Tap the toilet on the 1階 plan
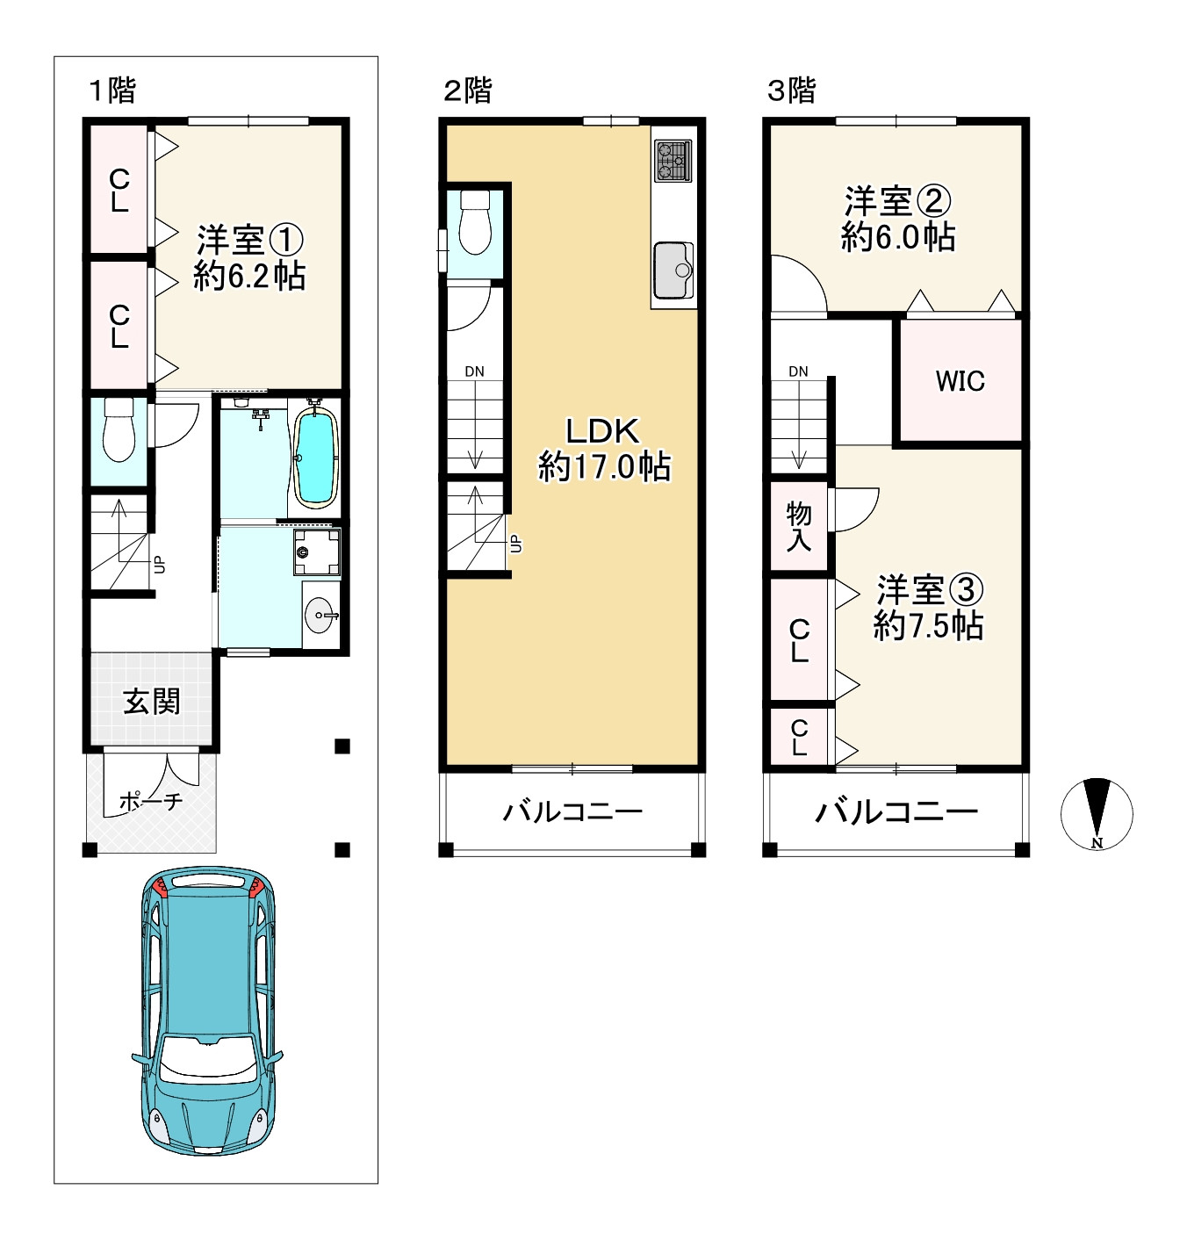click(x=119, y=429)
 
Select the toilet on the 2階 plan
click(x=475, y=222)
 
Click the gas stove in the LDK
click(x=673, y=161)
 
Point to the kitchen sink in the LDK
click(x=673, y=270)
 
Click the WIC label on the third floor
click(x=960, y=381)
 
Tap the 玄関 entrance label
click(x=152, y=703)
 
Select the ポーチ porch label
click(x=151, y=801)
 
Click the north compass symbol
click(x=1097, y=814)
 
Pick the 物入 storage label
click(x=798, y=526)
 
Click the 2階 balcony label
click(x=572, y=811)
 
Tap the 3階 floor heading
click(x=791, y=90)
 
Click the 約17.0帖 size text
click(x=604, y=466)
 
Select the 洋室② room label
click(x=898, y=200)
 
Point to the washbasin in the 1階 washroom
click(x=320, y=616)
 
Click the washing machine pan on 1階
click(x=317, y=552)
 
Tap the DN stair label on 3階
click(x=798, y=371)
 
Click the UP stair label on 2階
click(x=515, y=544)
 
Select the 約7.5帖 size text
click(x=928, y=626)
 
